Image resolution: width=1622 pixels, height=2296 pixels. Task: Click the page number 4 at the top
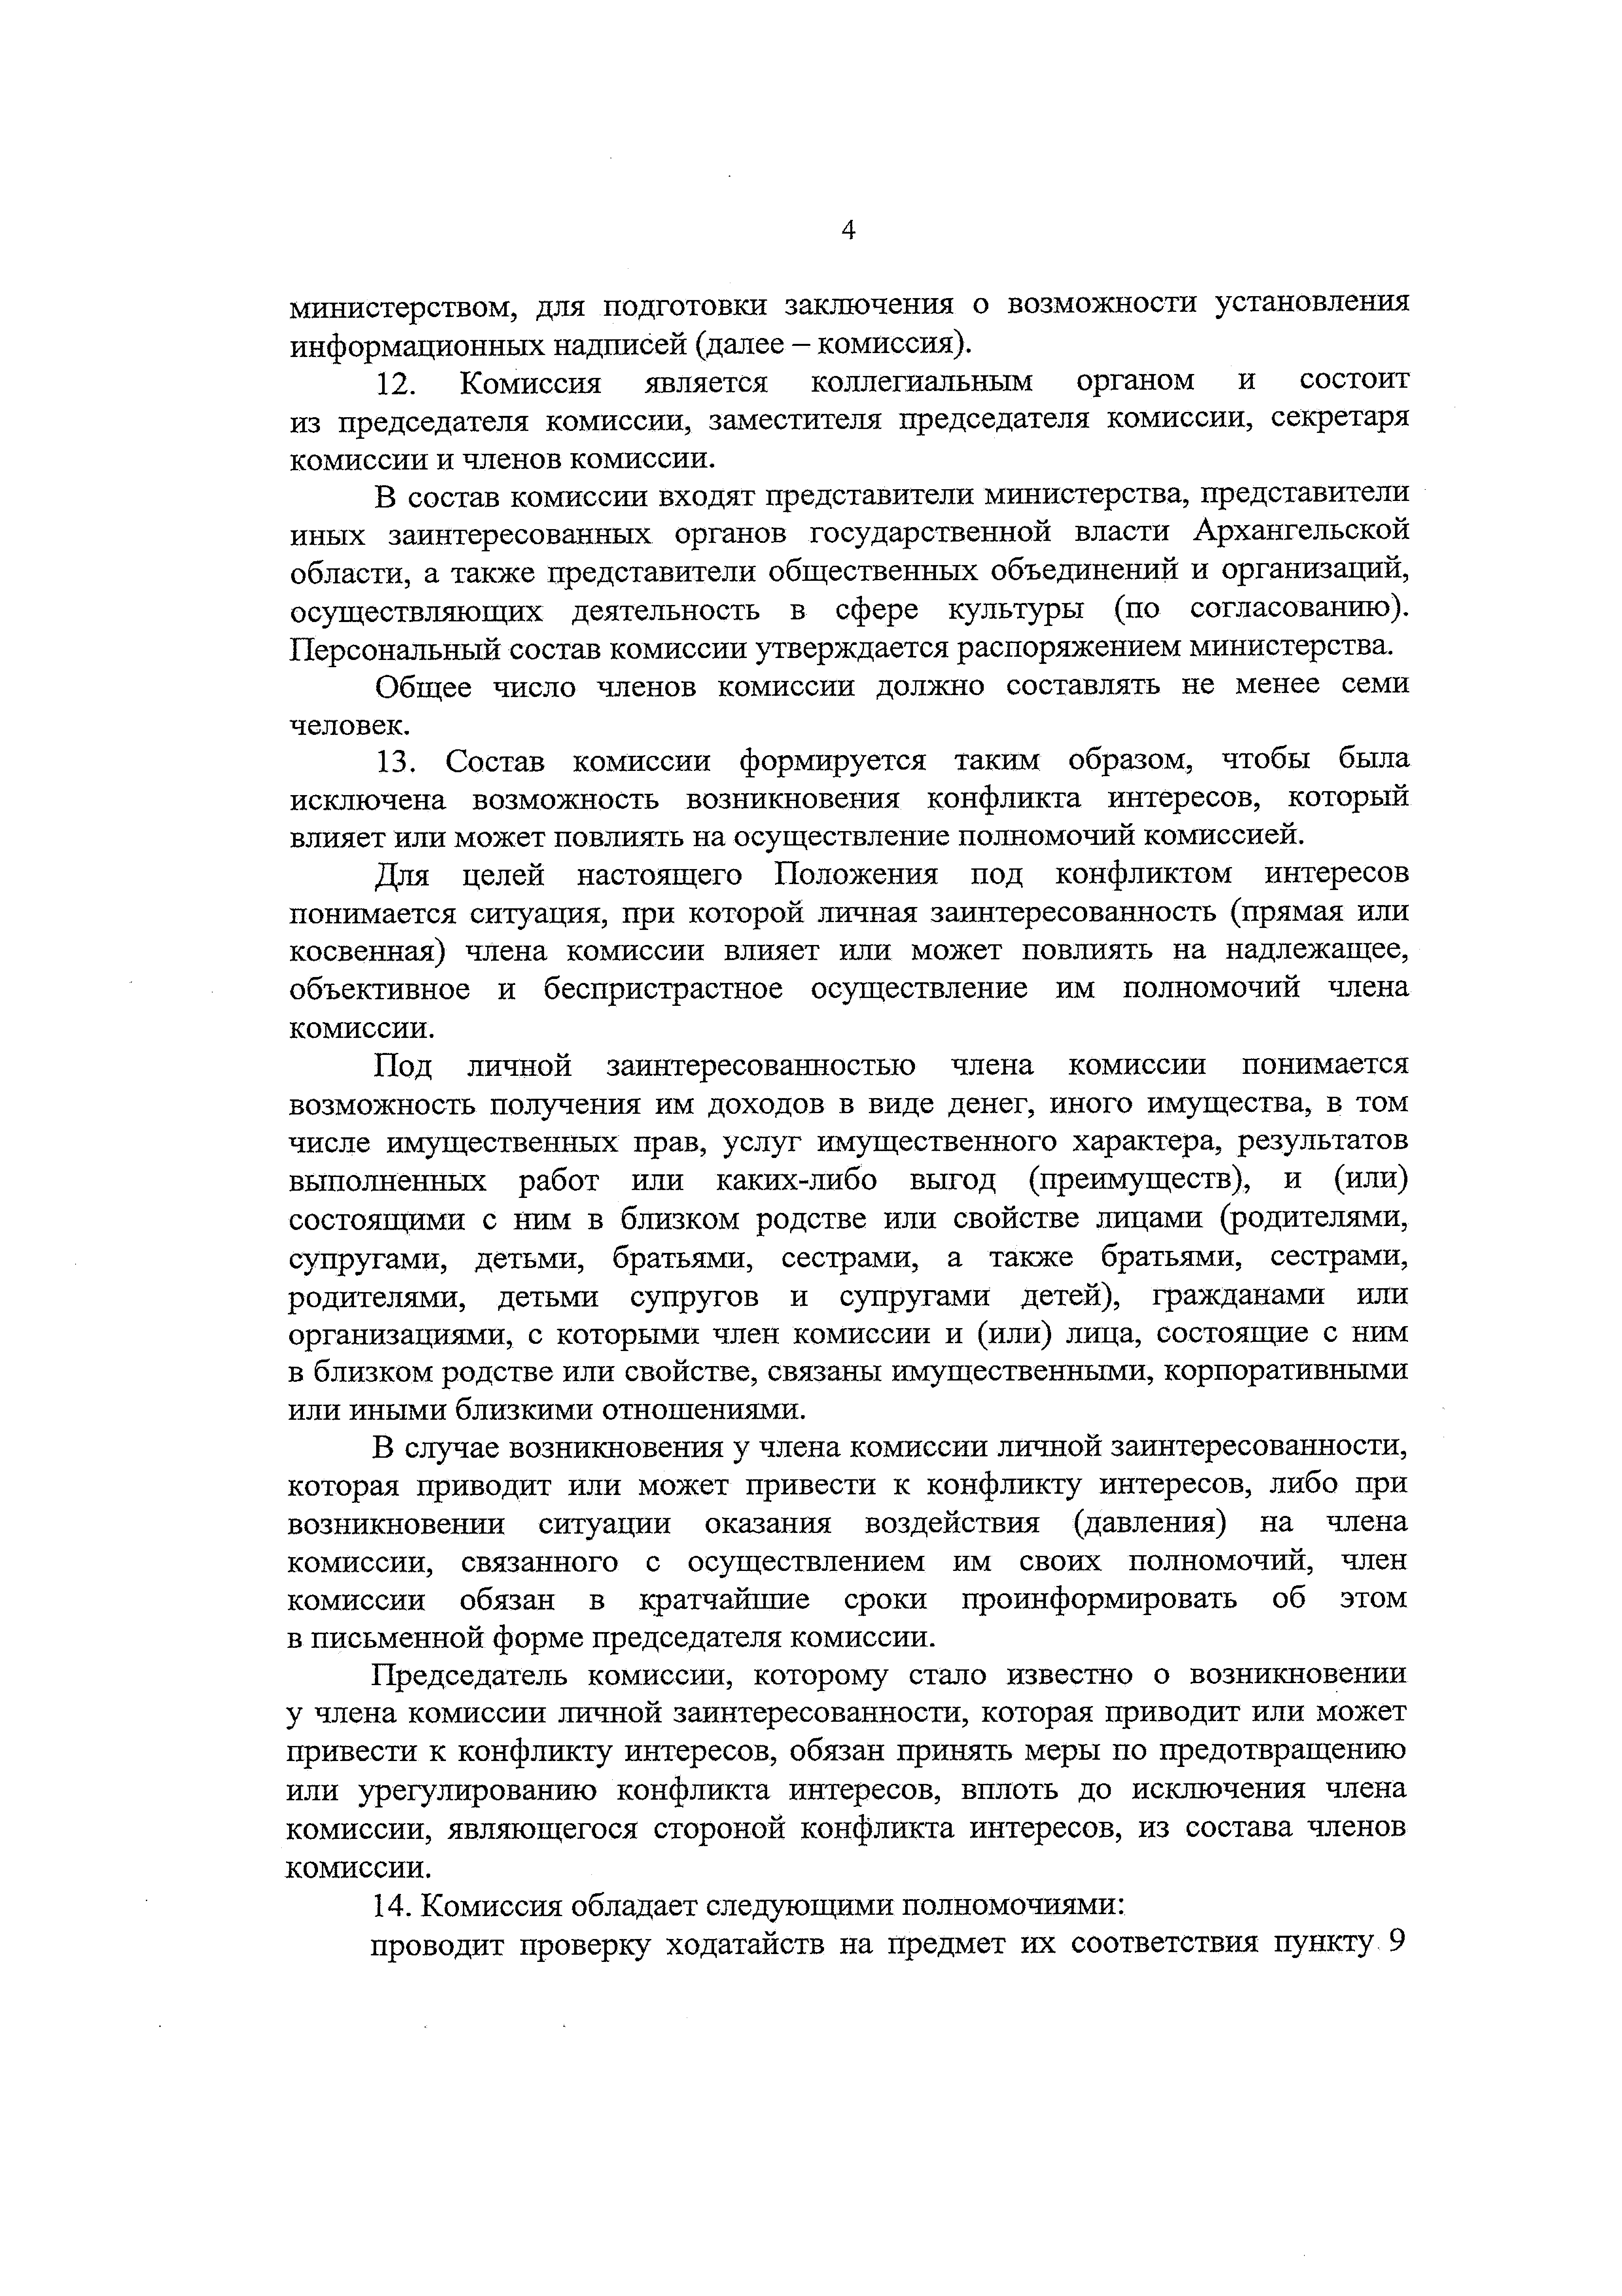[x=848, y=231]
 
